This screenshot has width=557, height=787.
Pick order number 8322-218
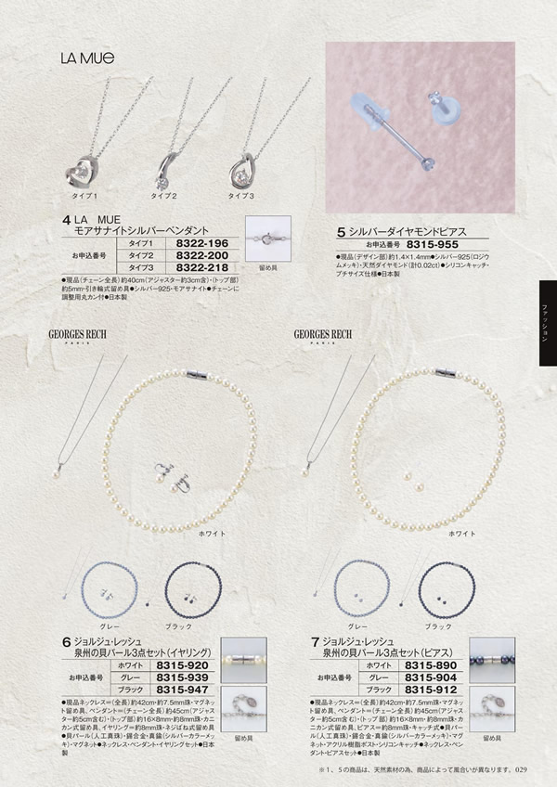point(201,267)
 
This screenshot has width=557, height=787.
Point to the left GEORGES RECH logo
point(84,332)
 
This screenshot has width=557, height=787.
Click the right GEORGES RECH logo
point(321,332)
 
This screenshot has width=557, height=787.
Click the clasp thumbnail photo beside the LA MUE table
point(267,238)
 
